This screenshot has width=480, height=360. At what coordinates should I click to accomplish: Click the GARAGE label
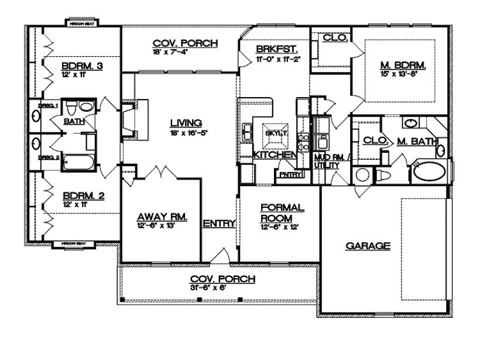368,246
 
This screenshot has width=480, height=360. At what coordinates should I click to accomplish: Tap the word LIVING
186,123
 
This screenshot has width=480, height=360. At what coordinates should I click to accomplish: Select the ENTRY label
220,224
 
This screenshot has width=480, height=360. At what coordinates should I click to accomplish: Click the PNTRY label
289,174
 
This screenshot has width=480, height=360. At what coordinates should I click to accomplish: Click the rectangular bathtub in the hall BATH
79,162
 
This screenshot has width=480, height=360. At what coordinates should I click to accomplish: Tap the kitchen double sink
248,132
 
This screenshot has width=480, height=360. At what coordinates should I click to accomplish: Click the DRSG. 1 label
47,105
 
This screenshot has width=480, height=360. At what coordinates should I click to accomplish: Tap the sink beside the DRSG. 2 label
35,142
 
